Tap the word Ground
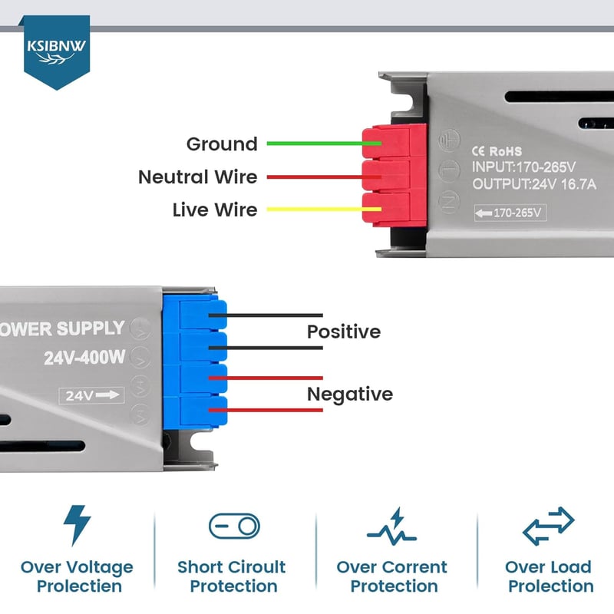tap(222, 144)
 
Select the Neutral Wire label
tap(198, 177)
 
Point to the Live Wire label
tap(215, 210)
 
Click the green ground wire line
tap(324, 144)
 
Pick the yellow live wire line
tap(324, 209)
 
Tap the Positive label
tap(344, 332)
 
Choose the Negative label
tap(350, 394)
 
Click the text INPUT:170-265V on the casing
tap(523, 167)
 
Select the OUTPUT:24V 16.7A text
tap(534, 183)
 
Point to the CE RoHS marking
tap(497, 151)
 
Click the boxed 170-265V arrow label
tap(510, 213)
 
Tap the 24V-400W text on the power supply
tap(84, 358)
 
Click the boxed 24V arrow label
tap(91, 395)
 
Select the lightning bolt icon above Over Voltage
tap(78, 526)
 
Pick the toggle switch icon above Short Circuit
tap(234, 527)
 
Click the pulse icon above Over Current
tap(391, 527)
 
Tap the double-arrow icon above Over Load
tap(548, 526)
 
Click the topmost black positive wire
tap(266, 315)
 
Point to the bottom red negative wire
tap(266, 410)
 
